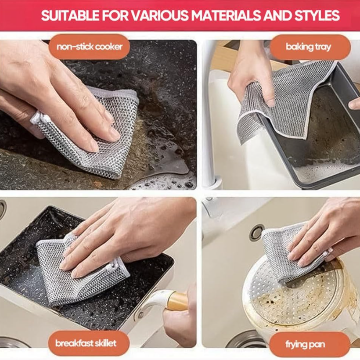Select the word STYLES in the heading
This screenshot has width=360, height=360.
tap(317, 15)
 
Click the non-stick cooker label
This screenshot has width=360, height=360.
tap(89, 47)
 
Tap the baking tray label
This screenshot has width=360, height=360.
tap(309, 47)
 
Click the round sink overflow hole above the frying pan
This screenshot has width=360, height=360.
tap(257, 233)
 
